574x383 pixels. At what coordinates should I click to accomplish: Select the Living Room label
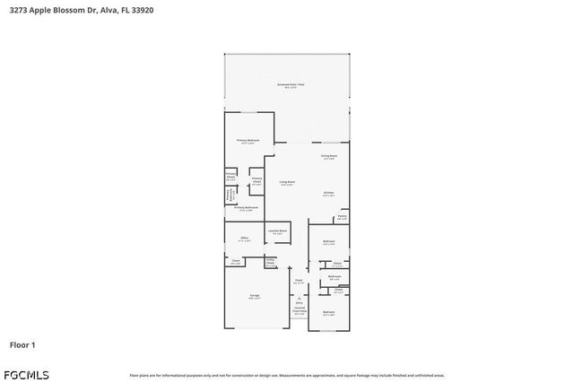tap(287, 183)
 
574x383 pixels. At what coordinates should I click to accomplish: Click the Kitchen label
tap(329, 194)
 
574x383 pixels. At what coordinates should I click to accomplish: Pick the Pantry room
tap(342, 217)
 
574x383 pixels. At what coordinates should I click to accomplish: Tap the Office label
tap(244, 239)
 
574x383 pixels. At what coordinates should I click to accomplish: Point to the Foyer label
tap(299, 282)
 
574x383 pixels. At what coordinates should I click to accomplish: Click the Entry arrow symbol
tap(299, 299)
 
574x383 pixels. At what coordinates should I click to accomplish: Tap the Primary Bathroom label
tap(246, 209)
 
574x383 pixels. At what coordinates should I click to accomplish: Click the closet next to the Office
tap(235, 263)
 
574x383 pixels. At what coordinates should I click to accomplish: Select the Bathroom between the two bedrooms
tap(334, 277)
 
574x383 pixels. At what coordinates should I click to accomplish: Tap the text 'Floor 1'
tap(22, 344)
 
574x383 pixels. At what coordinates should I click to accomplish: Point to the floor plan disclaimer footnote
tap(287, 375)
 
